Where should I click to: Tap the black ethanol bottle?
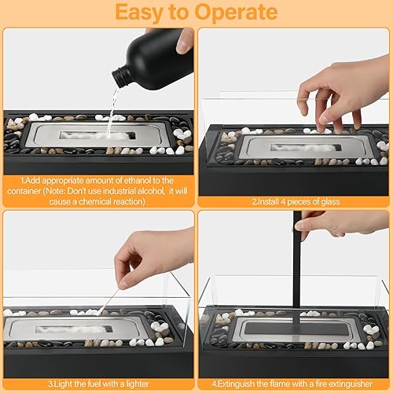pos(155,61)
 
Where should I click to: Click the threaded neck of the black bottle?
pos(120,77)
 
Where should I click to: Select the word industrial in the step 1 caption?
pos(119,191)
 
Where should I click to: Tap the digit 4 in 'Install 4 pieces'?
pos(283,201)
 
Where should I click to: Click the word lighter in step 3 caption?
pos(138,384)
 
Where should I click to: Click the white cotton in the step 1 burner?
pos(97,136)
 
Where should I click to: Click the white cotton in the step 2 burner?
pos(305,147)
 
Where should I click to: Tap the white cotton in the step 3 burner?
pos(73,329)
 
